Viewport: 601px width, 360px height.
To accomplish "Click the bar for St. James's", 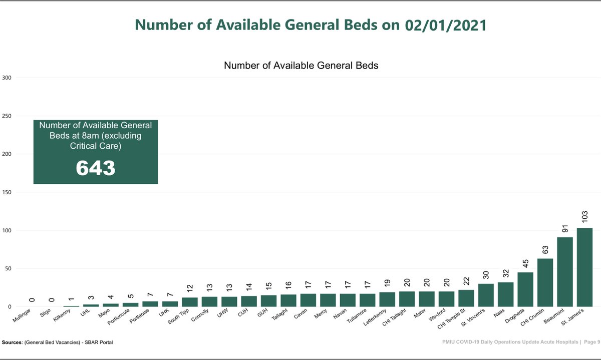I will point(584,267).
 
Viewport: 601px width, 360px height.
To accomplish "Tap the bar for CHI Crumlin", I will point(545,282).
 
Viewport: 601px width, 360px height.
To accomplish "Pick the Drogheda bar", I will point(525,289).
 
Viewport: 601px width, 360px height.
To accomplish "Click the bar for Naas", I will point(505,294).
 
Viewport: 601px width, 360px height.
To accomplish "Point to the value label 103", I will point(584,216).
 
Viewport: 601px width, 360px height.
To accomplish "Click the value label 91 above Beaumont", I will point(565,228).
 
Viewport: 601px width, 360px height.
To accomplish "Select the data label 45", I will point(525,263).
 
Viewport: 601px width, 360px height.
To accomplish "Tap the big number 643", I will point(96,168).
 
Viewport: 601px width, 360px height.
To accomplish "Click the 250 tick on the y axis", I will point(7,116).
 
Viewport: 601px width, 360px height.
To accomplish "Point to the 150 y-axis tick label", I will point(7,192).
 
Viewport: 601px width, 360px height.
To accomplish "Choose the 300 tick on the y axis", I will point(7,78).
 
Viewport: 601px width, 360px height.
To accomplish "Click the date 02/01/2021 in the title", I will point(446,26).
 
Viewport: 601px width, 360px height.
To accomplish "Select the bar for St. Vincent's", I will point(486,295).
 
